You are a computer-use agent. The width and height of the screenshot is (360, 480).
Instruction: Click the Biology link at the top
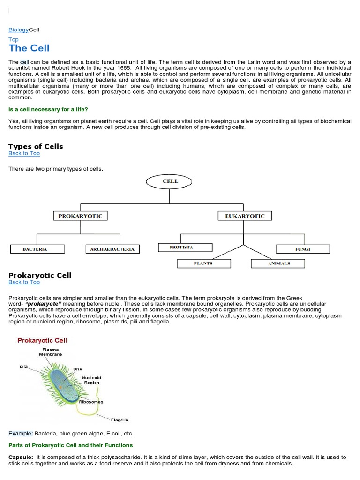tap(19, 30)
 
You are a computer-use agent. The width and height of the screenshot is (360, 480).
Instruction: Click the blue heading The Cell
tap(29, 48)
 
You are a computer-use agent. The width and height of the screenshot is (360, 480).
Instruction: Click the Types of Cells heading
tap(36, 146)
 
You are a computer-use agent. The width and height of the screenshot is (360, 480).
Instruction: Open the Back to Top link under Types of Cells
tap(24, 153)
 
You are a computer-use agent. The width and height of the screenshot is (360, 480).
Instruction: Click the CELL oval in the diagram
tap(170, 181)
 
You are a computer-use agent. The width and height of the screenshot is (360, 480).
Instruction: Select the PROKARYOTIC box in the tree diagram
tap(80, 216)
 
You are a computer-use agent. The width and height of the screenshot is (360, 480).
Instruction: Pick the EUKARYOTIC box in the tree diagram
tap(245, 216)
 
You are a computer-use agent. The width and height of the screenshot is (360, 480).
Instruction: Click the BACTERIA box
tap(35, 249)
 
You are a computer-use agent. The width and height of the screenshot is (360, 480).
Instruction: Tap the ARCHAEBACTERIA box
tap(112, 249)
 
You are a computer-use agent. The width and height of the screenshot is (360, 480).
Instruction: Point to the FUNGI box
tap(302, 249)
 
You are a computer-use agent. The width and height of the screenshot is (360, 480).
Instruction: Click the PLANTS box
tap(203, 263)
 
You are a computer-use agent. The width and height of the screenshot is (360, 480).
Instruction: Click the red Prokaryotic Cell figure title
tap(42, 340)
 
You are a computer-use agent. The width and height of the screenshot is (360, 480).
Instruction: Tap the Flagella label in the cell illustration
tap(120, 420)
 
